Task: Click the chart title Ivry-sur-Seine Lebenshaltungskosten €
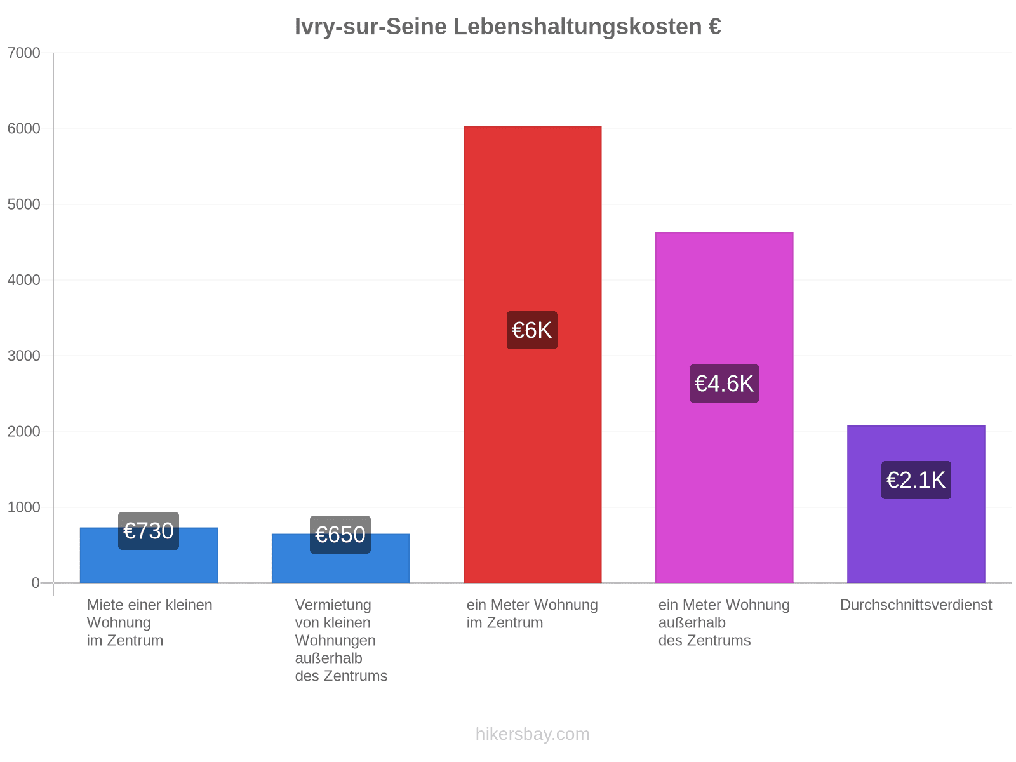(x=508, y=27)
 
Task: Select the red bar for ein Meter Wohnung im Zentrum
(x=532, y=354)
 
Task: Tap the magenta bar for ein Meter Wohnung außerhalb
(x=724, y=407)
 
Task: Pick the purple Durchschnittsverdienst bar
(x=916, y=504)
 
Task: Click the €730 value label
(x=149, y=531)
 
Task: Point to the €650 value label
(x=340, y=535)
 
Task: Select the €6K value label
(x=532, y=330)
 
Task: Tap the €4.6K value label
(x=724, y=384)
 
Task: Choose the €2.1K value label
(x=916, y=480)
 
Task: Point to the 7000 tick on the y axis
(x=24, y=53)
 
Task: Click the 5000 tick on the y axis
(x=24, y=204)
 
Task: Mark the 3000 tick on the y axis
(x=24, y=356)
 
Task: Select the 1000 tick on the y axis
(x=24, y=507)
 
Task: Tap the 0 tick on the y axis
(x=36, y=583)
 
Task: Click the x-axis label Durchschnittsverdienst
(x=916, y=605)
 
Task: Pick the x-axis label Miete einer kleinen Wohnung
(x=149, y=613)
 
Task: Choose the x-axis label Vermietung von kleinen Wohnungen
(x=335, y=623)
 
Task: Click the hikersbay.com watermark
(x=532, y=734)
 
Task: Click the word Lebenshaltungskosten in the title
(x=577, y=27)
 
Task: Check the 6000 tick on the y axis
(x=24, y=129)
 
